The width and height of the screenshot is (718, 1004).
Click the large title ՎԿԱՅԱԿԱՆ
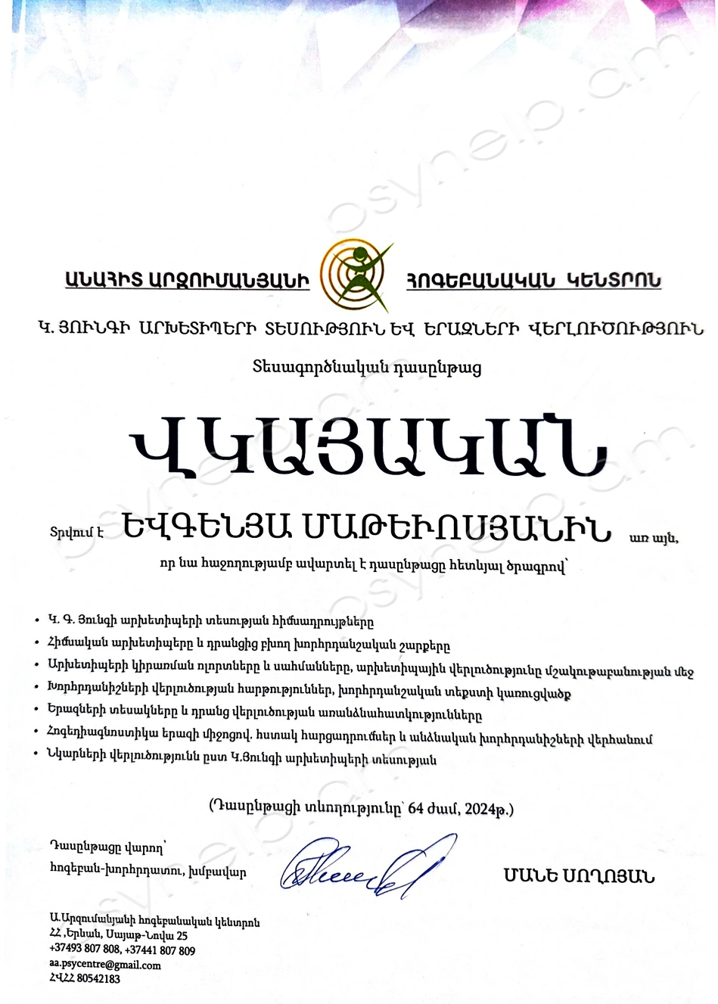[368, 452]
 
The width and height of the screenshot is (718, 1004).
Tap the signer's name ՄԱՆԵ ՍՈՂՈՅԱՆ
[579, 877]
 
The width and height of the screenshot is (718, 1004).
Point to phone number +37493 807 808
[85, 950]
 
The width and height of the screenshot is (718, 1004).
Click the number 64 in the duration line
[415, 809]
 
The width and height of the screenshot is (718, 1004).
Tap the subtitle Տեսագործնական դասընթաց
[367, 368]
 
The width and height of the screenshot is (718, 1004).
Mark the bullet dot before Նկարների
[37, 759]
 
